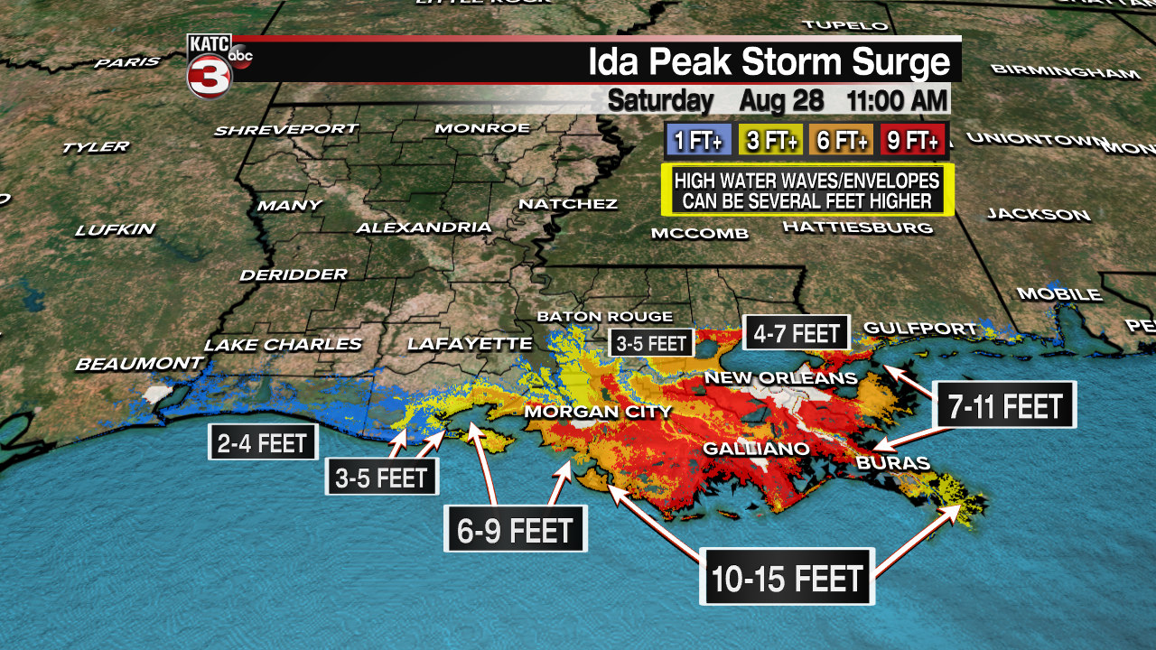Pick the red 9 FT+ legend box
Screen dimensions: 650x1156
[x=914, y=141]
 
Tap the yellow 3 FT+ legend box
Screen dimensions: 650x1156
[x=770, y=141]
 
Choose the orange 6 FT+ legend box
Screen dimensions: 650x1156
[x=842, y=141]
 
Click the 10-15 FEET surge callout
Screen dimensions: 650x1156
[x=788, y=578]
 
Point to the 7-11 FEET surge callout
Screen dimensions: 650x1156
[x=1004, y=406]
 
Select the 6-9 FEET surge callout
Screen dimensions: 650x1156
[x=516, y=530]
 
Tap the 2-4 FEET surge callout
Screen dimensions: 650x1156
[x=263, y=443]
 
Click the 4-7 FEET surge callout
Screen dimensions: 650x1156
[x=797, y=333]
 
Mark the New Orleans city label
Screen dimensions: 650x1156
[x=780, y=377]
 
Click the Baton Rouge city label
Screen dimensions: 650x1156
[x=604, y=317]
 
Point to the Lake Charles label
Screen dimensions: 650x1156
[x=283, y=345]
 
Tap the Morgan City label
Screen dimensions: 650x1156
[x=598, y=413]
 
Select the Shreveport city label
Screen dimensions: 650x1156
[x=285, y=130]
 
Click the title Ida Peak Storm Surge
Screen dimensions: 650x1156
[x=769, y=62]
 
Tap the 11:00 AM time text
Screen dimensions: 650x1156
[x=897, y=100]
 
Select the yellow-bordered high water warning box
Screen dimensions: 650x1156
[x=807, y=190]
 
